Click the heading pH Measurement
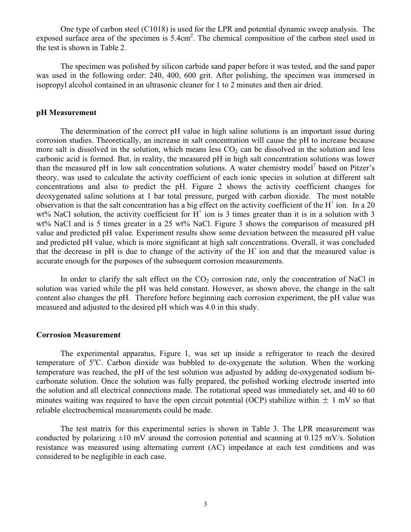coord(66,113)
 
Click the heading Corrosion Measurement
coord(78,335)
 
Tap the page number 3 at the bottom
coord(205,504)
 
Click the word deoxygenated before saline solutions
coord(59,196)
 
